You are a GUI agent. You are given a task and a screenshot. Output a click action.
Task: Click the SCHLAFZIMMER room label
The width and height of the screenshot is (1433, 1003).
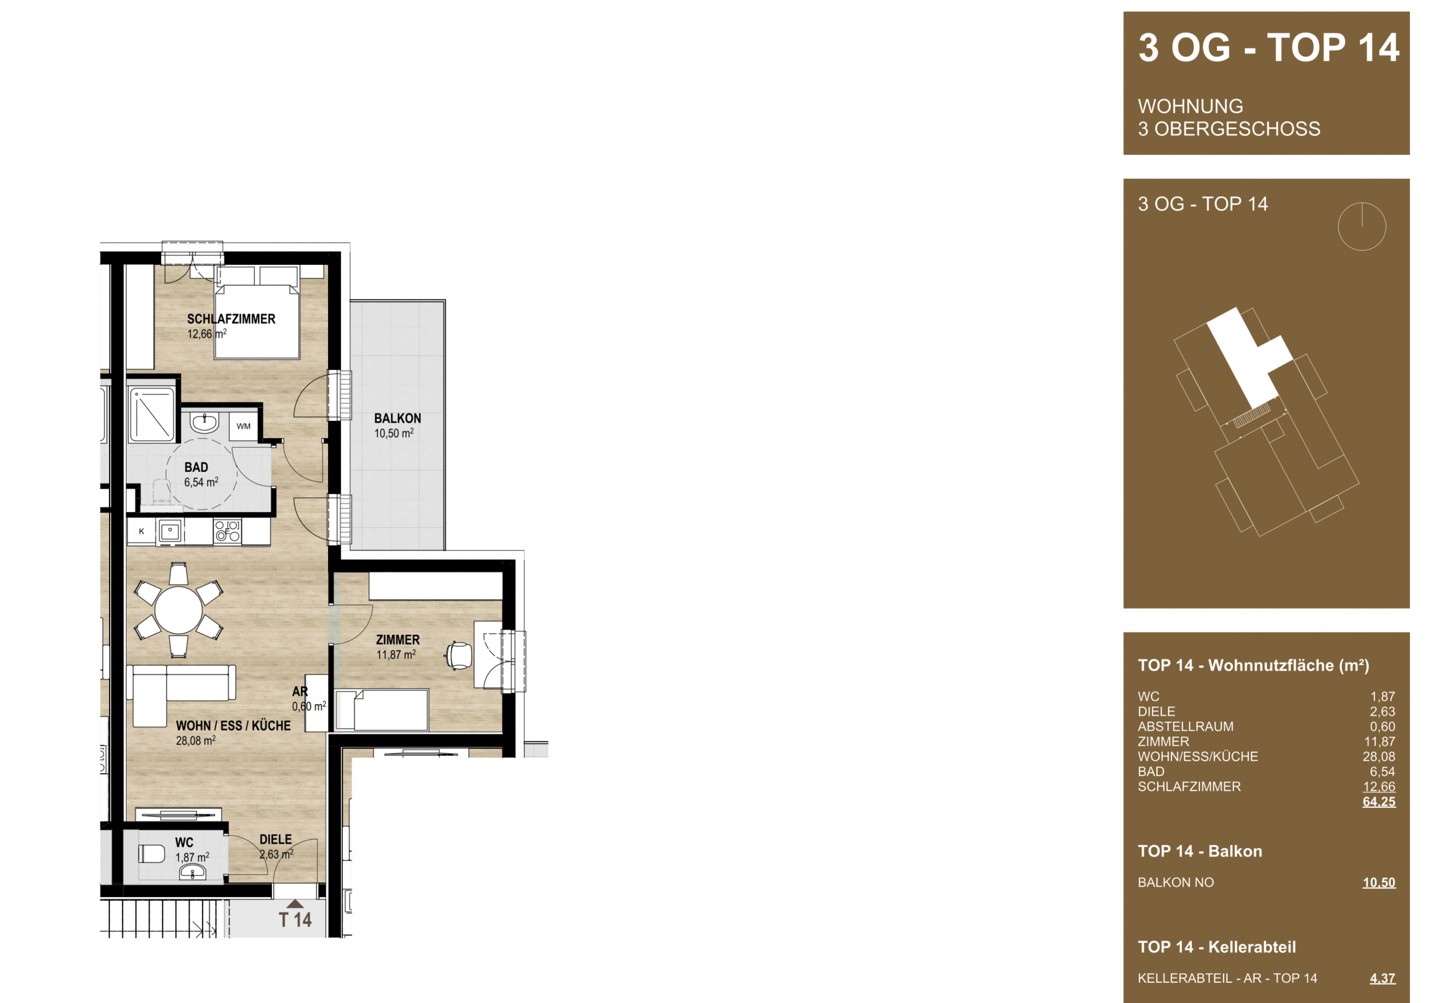click(x=231, y=319)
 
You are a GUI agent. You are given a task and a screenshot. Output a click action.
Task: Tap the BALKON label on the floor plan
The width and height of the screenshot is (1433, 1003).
click(x=397, y=418)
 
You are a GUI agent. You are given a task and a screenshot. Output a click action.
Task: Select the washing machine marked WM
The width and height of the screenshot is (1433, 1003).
click(x=243, y=426)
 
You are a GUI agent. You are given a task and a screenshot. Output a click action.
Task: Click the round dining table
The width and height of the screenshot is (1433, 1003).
click(x=179, y=610)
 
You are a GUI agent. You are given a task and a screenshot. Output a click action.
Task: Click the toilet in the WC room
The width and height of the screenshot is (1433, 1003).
click(x=151, y=853)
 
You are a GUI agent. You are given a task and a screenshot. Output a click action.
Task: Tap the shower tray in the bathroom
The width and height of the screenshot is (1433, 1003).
click(x=152, y=414)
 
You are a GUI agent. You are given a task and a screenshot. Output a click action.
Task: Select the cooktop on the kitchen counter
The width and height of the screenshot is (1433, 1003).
click(x=227, y=531)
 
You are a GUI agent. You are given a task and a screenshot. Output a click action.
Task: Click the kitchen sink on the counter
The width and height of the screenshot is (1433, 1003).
click(x=170, y=532)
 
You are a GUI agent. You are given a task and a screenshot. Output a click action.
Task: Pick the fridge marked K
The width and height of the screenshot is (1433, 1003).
click(x=142, y=532)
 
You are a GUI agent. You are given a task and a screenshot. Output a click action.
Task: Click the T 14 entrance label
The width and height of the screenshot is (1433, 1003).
click(x=294, y=920)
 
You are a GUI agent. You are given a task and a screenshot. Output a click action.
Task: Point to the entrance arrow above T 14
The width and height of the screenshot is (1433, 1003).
click(x=295, y=904)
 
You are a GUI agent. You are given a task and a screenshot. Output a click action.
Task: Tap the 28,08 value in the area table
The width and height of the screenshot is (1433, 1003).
click(x=1379, y=757)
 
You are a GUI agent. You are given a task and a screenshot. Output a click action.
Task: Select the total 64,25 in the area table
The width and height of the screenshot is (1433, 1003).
click(x=1379, y=802)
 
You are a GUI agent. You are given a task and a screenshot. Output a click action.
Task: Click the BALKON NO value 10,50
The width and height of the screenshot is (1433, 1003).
click(x=1379, y=883)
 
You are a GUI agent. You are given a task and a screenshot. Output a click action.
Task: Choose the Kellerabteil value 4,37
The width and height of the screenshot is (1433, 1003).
click(x=1383, y=978)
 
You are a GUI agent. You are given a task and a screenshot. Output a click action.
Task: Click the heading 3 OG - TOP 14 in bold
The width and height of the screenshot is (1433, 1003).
click(x=1268, y=48)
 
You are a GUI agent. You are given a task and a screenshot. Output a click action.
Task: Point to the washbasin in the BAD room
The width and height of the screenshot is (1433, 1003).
click(x=204, y=423)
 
